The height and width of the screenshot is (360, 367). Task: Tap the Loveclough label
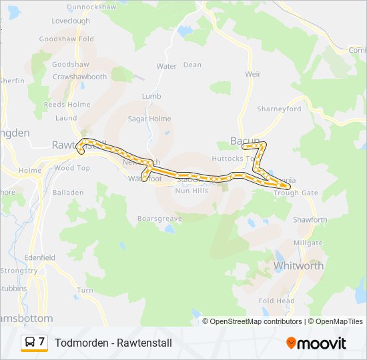point(70,21)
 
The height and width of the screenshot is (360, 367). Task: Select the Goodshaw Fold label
point(67,39)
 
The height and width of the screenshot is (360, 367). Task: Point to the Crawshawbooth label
point(79,77)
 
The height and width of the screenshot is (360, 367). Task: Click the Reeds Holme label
point(67,105)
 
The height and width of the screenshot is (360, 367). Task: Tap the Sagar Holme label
point(150,119)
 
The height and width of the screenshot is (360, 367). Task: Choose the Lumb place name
point(151,97)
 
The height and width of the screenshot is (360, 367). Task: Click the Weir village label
point(253,75)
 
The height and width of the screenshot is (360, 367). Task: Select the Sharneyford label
point(279,109)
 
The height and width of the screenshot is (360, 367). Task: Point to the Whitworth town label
point(299,265)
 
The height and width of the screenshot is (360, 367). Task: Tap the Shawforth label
point(310,220)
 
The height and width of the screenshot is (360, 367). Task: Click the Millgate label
point(308,243)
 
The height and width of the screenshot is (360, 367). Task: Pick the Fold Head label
point(277,301)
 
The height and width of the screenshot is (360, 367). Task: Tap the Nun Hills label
point(192,191)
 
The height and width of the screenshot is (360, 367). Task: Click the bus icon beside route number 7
point(30,343)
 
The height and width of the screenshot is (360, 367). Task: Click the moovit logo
point(316,343)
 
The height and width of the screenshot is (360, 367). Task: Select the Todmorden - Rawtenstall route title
point(114,343)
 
